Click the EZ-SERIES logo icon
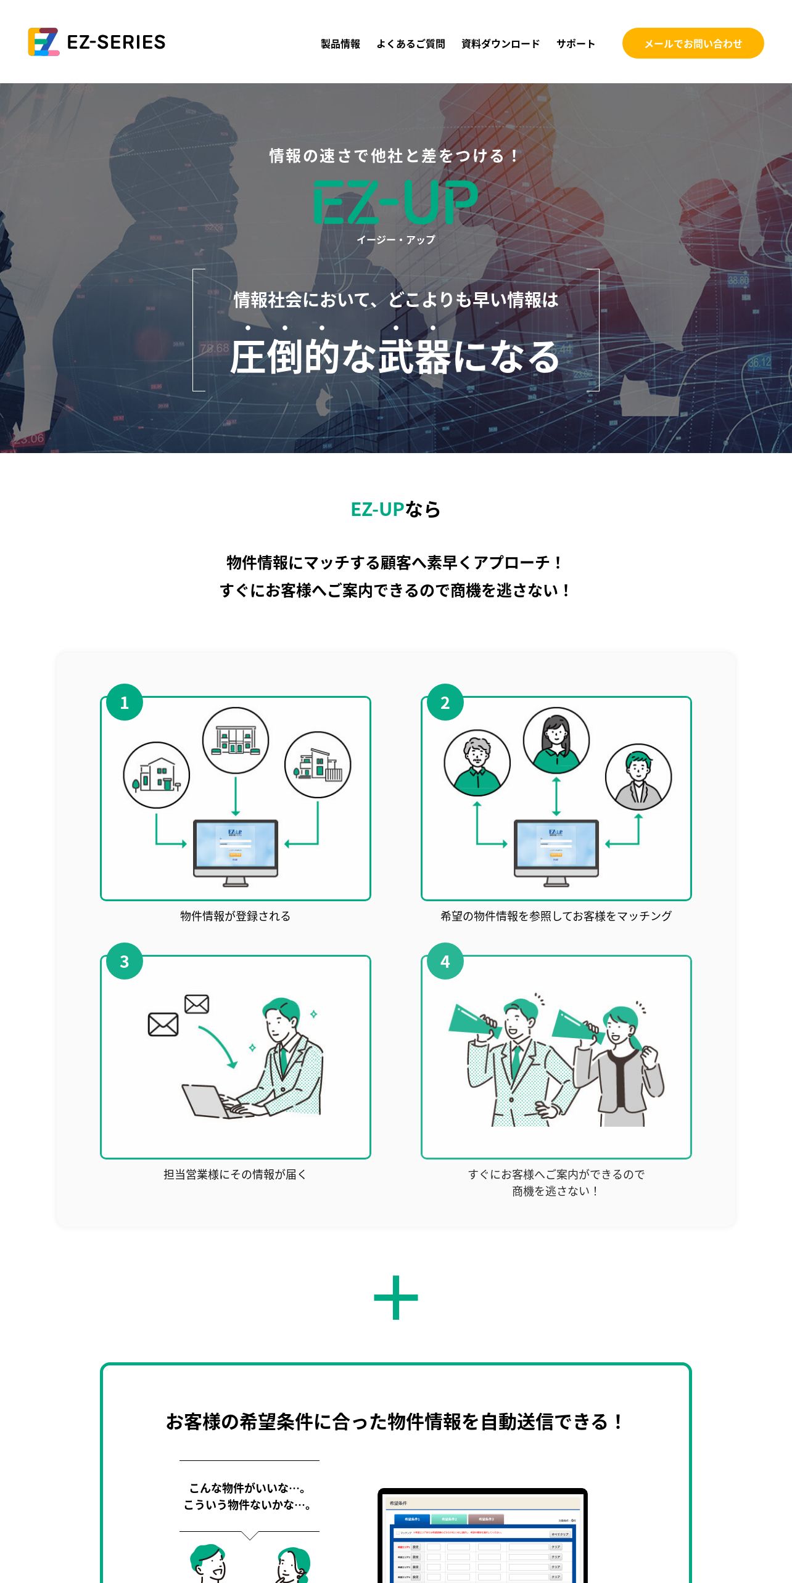pos(43,42)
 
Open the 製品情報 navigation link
pos(340,44)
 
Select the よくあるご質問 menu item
pos(410,44)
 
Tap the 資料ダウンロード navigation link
pos(500,44)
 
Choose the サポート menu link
pos(575,44)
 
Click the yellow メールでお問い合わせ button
pos(693,43)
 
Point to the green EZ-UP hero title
pos(395,202)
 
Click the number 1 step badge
pos(125,702)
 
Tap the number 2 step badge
pos(445,702)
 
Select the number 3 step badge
pos(125,961)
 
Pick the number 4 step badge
pos(445,961)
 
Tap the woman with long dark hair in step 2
pos(556,740)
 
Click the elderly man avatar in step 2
pos(477,763)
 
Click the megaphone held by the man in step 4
pos(472,1020)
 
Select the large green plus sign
pos(396,1298)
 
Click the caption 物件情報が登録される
pos(235,916)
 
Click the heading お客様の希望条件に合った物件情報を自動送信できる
pos(395,1422)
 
